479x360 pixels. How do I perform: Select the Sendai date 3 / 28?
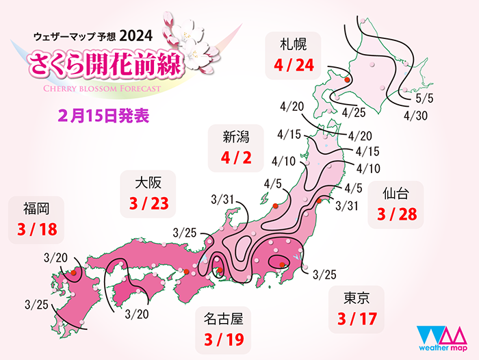[396, 216]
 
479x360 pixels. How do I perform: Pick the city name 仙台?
[396, 194]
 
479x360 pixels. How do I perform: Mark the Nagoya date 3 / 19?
[224, 338]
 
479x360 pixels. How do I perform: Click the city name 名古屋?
[224, 317]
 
